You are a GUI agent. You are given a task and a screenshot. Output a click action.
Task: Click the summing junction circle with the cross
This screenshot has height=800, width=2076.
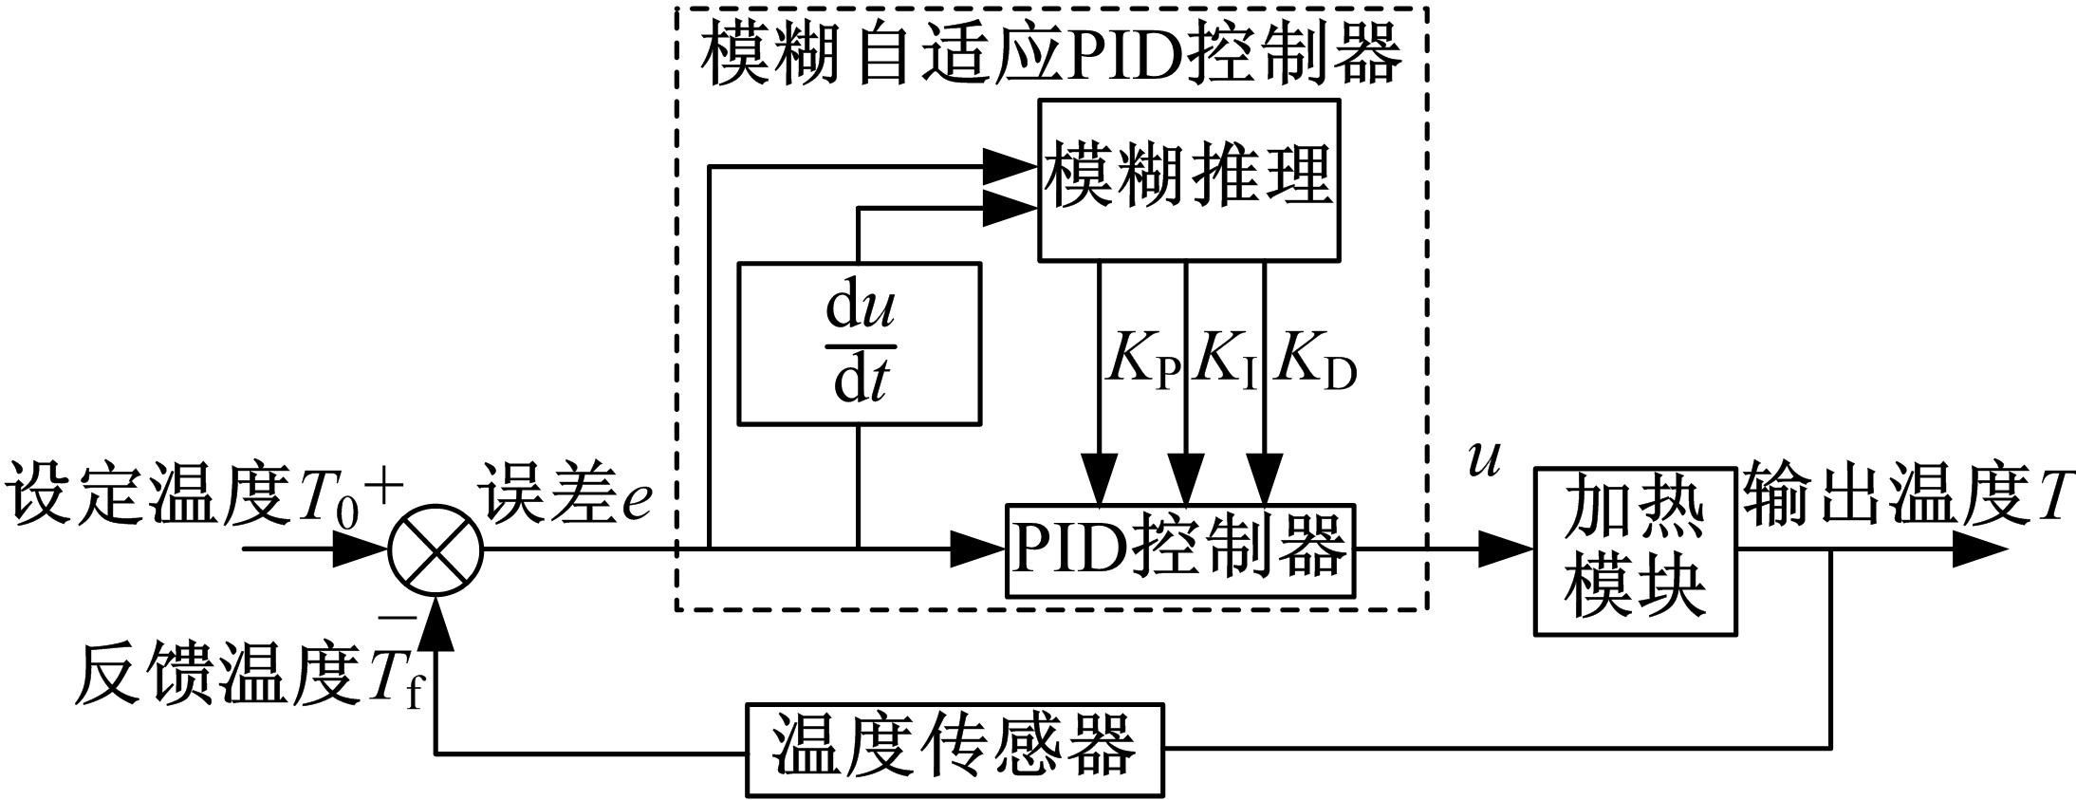click(436, 549)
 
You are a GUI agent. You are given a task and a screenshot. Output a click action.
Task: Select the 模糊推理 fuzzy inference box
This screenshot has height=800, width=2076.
click(1188, 179)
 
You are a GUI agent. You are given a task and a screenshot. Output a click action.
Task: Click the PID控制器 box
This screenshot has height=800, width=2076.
click(1179, 549)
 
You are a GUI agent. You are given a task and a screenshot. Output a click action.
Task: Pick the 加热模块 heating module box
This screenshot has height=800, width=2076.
click(1635, 550)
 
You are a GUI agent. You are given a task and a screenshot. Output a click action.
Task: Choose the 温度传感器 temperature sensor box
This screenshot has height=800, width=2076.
click(954, 750)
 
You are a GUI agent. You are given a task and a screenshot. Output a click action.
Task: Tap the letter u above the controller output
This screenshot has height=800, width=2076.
click(1483, 461)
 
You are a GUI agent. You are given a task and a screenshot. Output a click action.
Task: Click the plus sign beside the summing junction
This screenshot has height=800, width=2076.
click(383, 488)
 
